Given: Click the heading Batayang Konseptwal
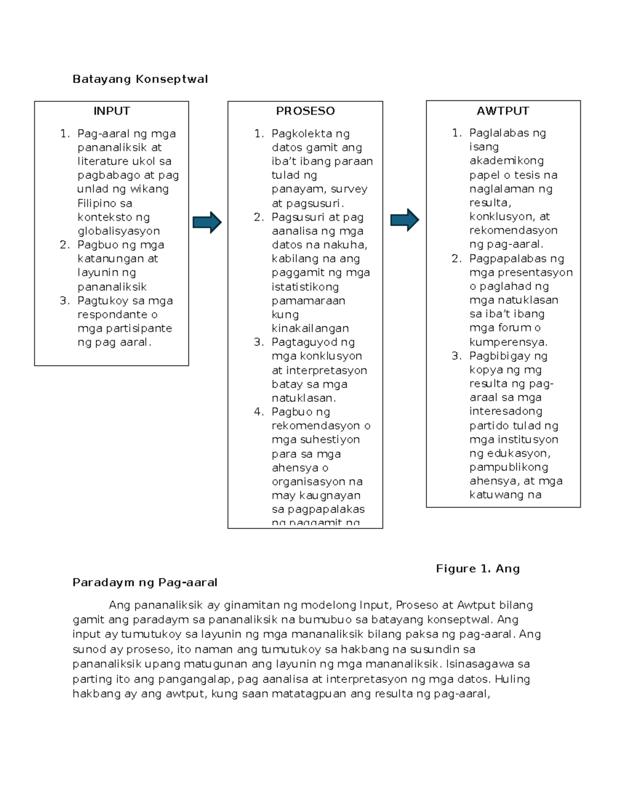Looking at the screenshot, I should (x=140, y=79).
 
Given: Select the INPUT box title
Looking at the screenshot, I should (x=111, y=111).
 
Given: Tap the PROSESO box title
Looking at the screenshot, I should (x=305, y=111).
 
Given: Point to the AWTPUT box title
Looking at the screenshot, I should (x=503, y=111).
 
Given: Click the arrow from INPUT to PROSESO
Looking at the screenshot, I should (x=207, y=222).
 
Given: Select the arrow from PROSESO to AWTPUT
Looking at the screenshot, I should (x=405, y=220).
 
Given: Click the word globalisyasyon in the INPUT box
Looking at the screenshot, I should (x=118, y=231).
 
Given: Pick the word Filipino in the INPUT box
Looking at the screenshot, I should (x=97, y=203).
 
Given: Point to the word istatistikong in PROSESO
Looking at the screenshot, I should (x=305, y=287).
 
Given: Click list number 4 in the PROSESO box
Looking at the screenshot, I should (x=259, y=412).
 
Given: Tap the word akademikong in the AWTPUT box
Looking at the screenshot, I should (x=506, y=161).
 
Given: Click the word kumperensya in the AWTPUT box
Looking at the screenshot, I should (x=507, y=342).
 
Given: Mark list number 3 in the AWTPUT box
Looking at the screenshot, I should (x=456, y=356).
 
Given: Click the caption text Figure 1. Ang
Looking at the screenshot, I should (x=477, y=569).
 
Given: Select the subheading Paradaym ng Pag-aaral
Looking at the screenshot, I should (x=145, y=582).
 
